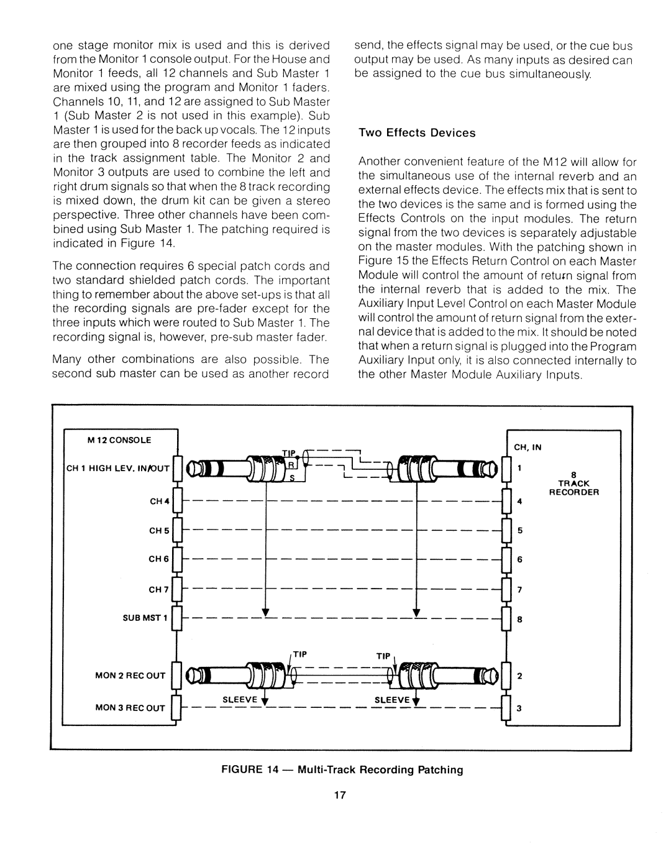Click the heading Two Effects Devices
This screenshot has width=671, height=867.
(x=416, y=133)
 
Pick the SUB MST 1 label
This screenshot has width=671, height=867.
(x=145, y=618)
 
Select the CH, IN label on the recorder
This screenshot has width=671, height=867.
(x=527, y=446)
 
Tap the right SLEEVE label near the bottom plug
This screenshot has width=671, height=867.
(x=391, y=699)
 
